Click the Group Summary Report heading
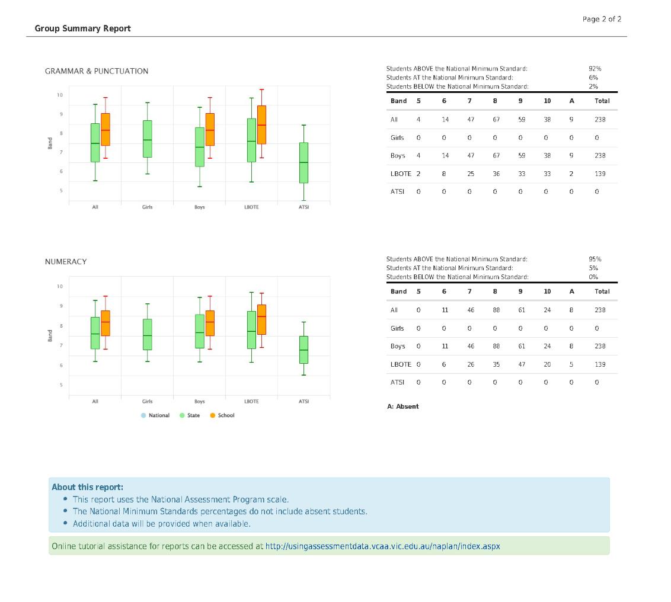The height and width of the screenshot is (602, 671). point(82,28)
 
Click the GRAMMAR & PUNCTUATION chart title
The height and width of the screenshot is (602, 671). point(97,71)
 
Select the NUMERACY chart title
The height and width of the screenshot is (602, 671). point(66,262)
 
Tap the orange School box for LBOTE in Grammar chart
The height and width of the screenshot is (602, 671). point(261,124)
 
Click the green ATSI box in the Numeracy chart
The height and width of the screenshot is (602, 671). point(303,350)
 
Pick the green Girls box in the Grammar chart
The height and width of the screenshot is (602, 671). point(147,139)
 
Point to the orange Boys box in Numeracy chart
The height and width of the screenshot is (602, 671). point(210,323)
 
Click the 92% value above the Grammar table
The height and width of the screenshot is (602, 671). point(595,69)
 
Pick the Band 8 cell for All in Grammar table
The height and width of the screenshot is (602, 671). point(496,120)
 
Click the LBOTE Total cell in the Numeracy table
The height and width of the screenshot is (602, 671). point(600,364)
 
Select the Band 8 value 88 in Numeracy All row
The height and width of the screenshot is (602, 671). point(496,310)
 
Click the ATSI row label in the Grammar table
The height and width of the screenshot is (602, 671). point(397,191)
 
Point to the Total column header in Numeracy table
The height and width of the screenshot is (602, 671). point(602,292)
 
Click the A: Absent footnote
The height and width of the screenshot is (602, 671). point(402,406)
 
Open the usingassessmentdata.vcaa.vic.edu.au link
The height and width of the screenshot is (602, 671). point(382,546)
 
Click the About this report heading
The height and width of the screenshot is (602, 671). point(87,487)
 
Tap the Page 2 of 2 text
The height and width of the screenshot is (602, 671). point(602,19)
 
